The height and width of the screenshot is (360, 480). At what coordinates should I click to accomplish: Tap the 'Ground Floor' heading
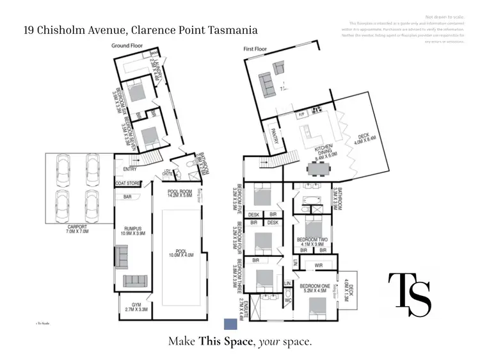pyautogui.click(x=127, y=46)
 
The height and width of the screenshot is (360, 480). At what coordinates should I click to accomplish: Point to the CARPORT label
pyautogui.click(x=79, y=228)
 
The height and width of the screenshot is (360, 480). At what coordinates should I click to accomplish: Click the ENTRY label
pyautogui.click(x=130, y=169)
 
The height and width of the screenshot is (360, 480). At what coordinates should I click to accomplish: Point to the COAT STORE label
pyautogui.click(x=129, y=183)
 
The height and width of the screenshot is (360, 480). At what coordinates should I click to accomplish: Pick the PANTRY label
pyautogui.click(x=275, y=136)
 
